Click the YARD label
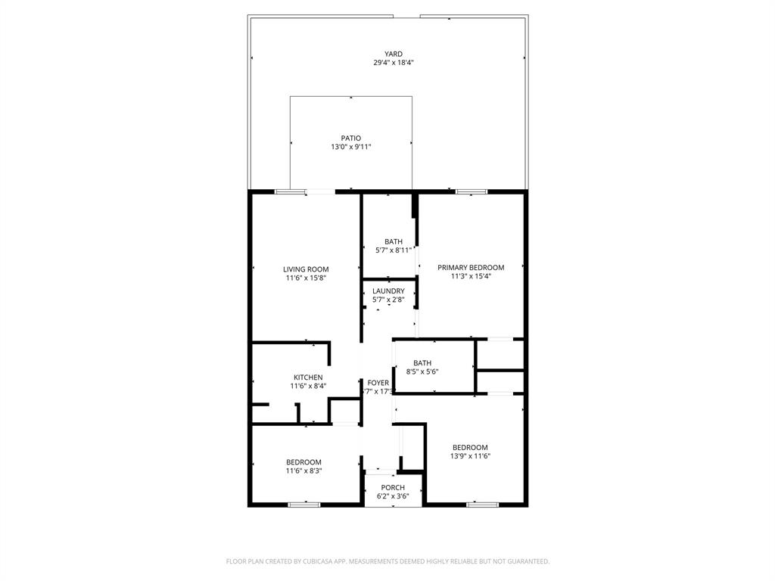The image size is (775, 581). (393, 54)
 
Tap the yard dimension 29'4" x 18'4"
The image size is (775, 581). (393, 63)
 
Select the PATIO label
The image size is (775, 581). (350, 138)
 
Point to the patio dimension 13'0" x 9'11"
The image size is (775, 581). (350, 147)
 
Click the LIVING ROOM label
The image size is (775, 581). (306, 269)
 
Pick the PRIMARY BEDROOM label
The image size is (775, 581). (471, 267)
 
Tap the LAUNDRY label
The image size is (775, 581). (388, 291)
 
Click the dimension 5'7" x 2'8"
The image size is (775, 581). (388, 300)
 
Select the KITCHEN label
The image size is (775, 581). (308, 377)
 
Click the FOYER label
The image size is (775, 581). (378, 383)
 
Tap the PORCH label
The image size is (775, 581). (393, 487)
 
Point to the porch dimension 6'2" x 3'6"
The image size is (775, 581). (393, 496)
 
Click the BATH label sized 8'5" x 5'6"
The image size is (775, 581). (422, 362)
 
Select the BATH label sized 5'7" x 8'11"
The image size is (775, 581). (387, 241)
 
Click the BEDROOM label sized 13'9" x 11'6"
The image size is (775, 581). (470, 447)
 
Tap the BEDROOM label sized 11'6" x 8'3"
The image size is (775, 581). (303, 462)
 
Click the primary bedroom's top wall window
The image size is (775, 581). (470, 191)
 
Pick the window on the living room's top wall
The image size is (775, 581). (290, 191)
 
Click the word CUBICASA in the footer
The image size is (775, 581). (311, 561)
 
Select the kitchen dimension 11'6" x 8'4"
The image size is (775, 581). (308, 386)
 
